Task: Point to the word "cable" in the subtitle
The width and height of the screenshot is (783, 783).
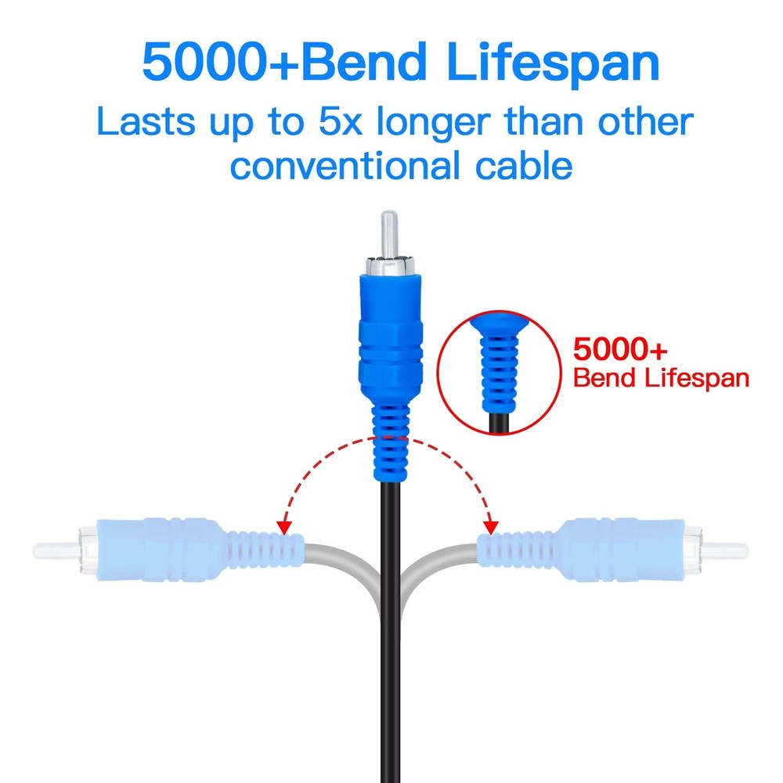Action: click(x=518, y=165)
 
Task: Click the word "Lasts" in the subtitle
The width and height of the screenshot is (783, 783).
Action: click(x=144, y=123)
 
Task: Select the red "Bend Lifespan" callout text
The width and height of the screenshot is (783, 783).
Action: click(x=662, y=378)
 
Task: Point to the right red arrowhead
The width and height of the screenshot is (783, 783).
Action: click(x=493, y=522)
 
